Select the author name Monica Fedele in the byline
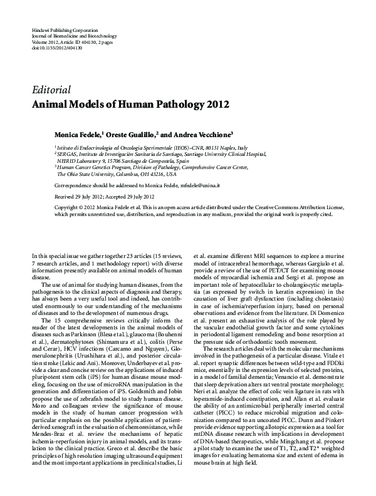click(x=79, y=134)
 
